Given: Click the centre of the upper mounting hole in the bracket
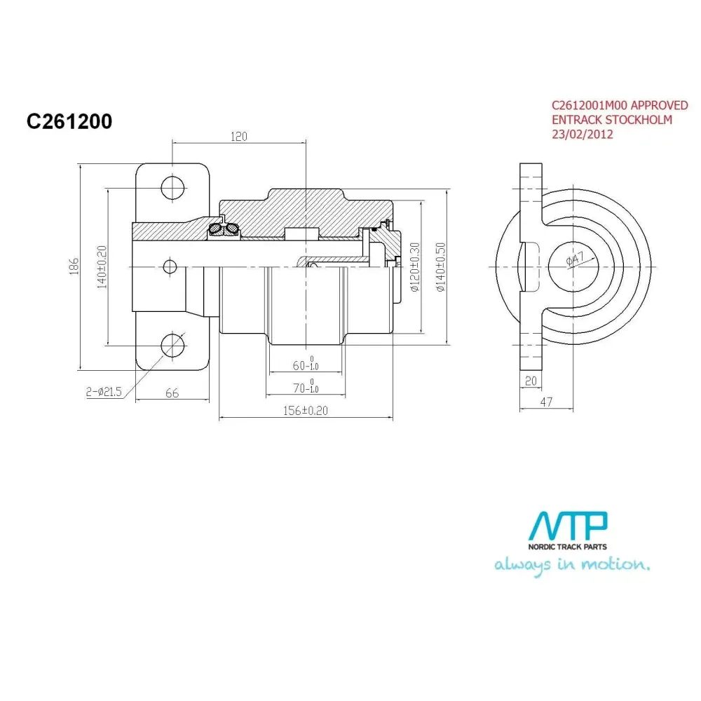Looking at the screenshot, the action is click(x=172, y=188).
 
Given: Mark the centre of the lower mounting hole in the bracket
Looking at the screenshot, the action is click(x=172, y=345).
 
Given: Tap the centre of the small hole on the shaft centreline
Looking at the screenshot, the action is click(x=170, y=267).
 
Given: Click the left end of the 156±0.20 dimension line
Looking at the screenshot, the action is click(x=219, y=418).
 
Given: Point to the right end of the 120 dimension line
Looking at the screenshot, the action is click(x=306, y=143).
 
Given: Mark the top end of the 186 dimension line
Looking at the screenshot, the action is click(x=80, y=164).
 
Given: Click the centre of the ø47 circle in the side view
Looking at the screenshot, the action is click(x=573, y=266).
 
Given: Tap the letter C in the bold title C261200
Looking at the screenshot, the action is click(x=34, y=121).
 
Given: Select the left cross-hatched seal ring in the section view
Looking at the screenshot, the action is click(x=215, y=229).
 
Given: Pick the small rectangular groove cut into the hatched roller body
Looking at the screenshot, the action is click(x=301, y=233).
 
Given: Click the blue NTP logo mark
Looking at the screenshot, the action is click(x=568, y=526).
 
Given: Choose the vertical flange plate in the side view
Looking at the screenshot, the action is click(x=531, y=266).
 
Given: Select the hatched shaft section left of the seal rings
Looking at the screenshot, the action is click(x=170, y=231).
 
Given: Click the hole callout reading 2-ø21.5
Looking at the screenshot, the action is click(x=104, y=392).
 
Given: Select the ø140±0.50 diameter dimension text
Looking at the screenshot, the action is click(x=441, y=267).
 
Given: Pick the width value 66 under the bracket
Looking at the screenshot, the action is click(x=172, y=393).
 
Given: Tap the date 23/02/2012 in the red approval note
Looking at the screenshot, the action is click(x=583, y=135).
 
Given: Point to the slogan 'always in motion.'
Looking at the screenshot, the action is click(x=572, y=565).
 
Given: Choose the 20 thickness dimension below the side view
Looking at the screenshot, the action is click(x=531, y=381).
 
